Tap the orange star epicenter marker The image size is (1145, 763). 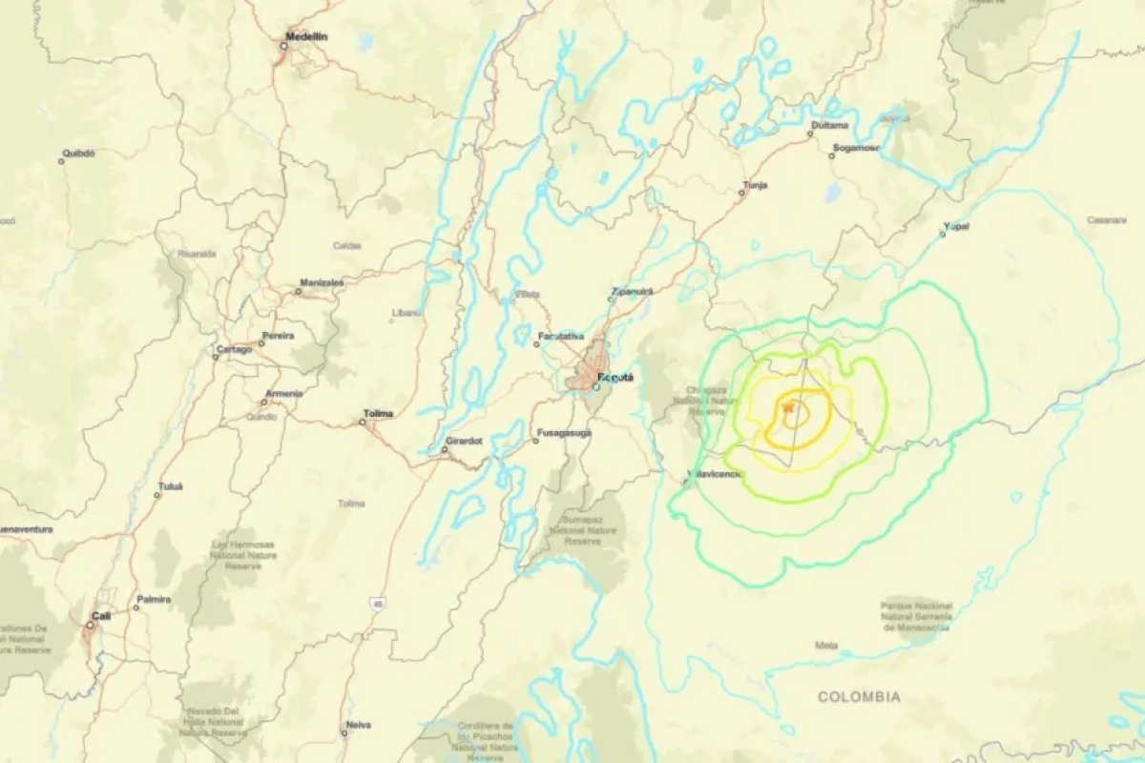pos(788,408)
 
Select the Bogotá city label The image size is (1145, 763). pos(615,378)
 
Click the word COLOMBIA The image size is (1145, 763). pos(858,697)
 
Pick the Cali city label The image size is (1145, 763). pos(101,616)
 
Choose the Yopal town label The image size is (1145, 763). pos(956,226)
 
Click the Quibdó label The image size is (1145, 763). pos(78,153)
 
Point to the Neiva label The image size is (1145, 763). pos(359,725)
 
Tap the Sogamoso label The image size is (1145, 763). pos(855,148)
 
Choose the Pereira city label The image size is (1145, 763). pos(278,336)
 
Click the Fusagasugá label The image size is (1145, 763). pos(567,432)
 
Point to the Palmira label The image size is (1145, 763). pos(154,599)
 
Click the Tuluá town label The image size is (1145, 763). pos(170,485)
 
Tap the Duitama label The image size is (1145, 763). pos(828,125)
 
